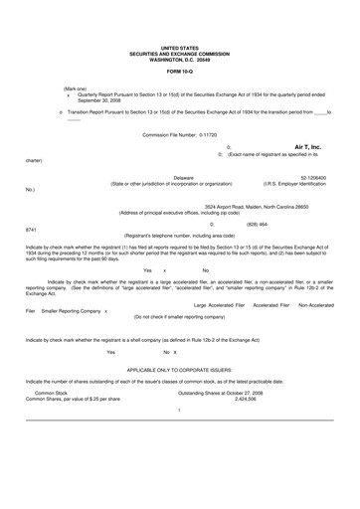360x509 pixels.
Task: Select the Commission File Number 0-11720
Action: click(x=180, y=133)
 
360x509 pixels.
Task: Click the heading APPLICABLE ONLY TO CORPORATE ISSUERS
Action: click(x=180, y=367)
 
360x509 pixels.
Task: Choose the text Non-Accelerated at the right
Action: click(x=315, y=305)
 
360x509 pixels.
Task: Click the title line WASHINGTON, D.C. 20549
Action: click(x=180, y=56)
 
